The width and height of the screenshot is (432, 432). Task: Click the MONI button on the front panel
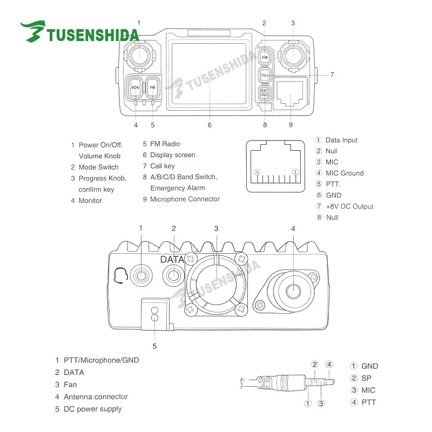coord(134,86)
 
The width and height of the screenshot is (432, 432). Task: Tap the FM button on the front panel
coord(152,86)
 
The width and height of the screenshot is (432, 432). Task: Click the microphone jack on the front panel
coord(291,96)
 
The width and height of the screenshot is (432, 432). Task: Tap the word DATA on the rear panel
coord(173,259)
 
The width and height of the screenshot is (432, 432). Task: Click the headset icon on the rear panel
coord(122,276)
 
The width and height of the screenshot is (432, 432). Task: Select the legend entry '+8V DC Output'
coord(349,206)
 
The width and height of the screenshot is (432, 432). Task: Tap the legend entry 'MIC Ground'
coord(344,173)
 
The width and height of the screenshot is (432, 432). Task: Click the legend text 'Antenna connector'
coord(96,396)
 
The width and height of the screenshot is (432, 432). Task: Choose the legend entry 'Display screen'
coord(172,155)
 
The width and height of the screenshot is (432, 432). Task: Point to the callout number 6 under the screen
coord(209,125)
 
